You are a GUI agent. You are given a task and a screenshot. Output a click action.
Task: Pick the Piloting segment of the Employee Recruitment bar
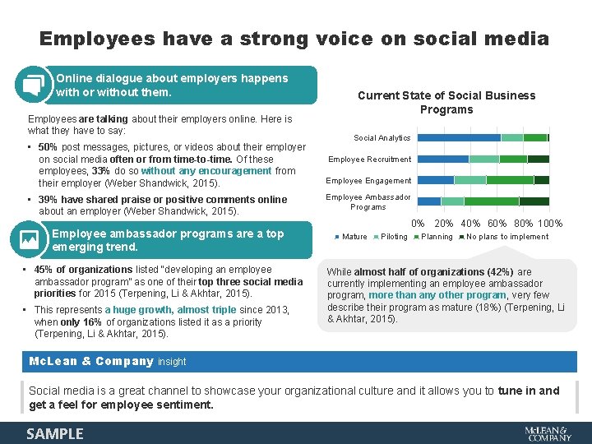(x=483, y=159)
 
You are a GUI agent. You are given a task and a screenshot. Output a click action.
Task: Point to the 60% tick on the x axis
(x=497, y=224)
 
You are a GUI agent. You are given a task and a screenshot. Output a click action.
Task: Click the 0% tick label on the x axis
(x=418, y=224)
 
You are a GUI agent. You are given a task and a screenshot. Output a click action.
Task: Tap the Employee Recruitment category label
(x=370, y=160)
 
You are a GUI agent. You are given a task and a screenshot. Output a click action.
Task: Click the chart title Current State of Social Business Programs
(x=446, y=102)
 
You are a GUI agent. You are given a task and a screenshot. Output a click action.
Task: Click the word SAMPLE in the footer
(x=54, y=433)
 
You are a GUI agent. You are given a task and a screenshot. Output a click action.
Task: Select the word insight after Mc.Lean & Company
(x=172, y=362)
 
